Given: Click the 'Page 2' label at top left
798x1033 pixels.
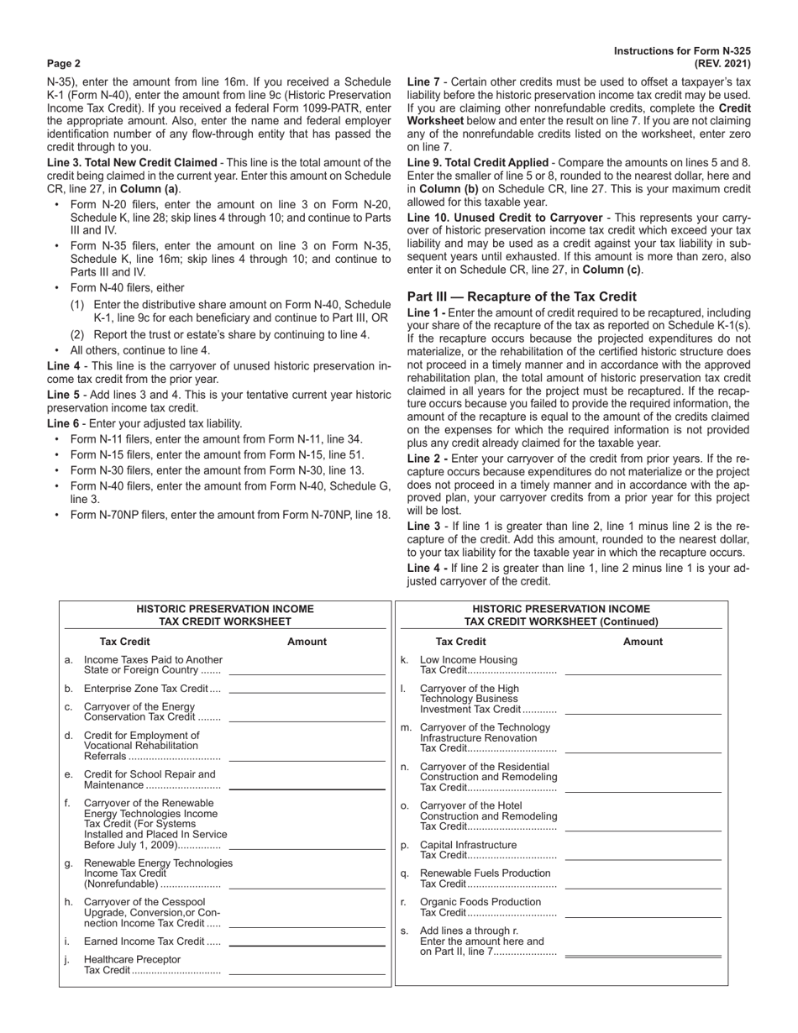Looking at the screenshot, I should click(x=64, y=63).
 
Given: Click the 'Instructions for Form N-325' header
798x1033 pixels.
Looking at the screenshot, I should click(x=682, y=51).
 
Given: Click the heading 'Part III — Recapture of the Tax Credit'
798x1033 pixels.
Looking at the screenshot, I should click(x=522, y=296).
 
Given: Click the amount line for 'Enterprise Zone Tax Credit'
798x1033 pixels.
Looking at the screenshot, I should click(x=307, y=690).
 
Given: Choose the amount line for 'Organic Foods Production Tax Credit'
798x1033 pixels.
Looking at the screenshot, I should click(x=643, y=915).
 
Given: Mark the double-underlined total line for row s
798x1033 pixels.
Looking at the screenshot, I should click(x=643, y=956).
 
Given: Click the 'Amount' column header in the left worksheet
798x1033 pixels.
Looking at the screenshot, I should click(x=307, y=642).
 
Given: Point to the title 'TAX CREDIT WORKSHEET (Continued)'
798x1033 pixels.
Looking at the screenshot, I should click(x=561, y=621).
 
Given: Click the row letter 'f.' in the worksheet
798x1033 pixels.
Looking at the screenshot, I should click(x=68, y=803).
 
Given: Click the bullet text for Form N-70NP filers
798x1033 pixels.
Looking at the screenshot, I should click(x=230, y=515).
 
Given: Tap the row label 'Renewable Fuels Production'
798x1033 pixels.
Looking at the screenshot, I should click(x=485, y=873).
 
